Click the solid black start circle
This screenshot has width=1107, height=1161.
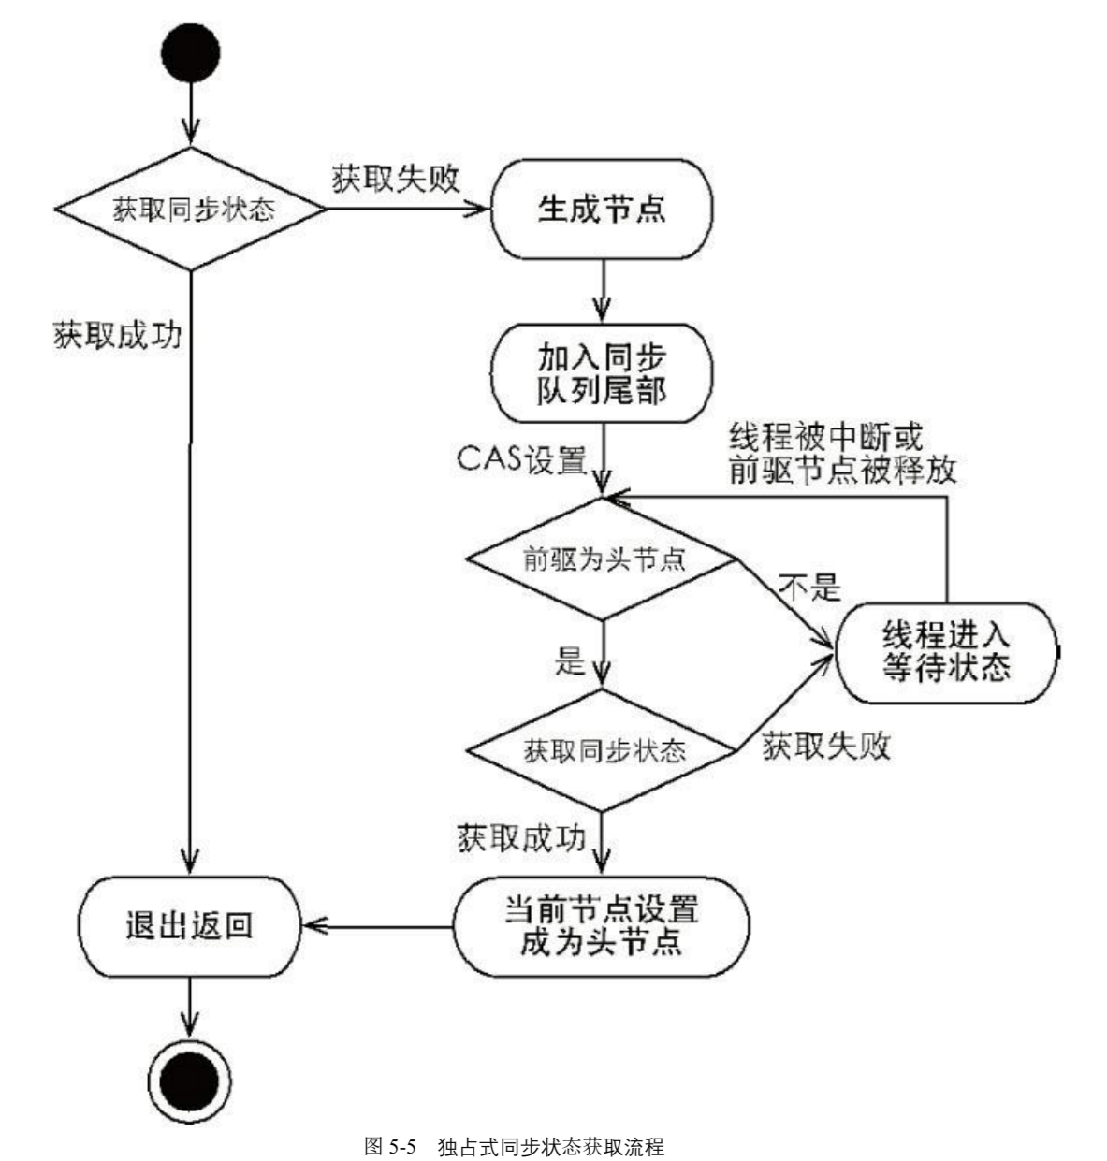point(190,51)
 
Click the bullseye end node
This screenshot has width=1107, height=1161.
point(190,1082)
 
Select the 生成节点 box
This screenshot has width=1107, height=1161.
point(602,210)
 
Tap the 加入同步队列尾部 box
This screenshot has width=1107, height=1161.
point(602,372)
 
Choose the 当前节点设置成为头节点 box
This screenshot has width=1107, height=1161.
point(602,925)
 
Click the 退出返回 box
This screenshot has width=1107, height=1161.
point(189,926)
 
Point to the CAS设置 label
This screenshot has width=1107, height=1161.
point(521,459)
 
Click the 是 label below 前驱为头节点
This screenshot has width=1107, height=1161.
point(570,661)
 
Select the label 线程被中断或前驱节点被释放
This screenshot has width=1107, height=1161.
point(842,453)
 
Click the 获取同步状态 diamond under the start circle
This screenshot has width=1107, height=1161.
point(192,209)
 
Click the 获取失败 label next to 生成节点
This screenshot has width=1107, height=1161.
point(396,179)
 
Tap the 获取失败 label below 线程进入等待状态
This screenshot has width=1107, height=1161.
point(825,746)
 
